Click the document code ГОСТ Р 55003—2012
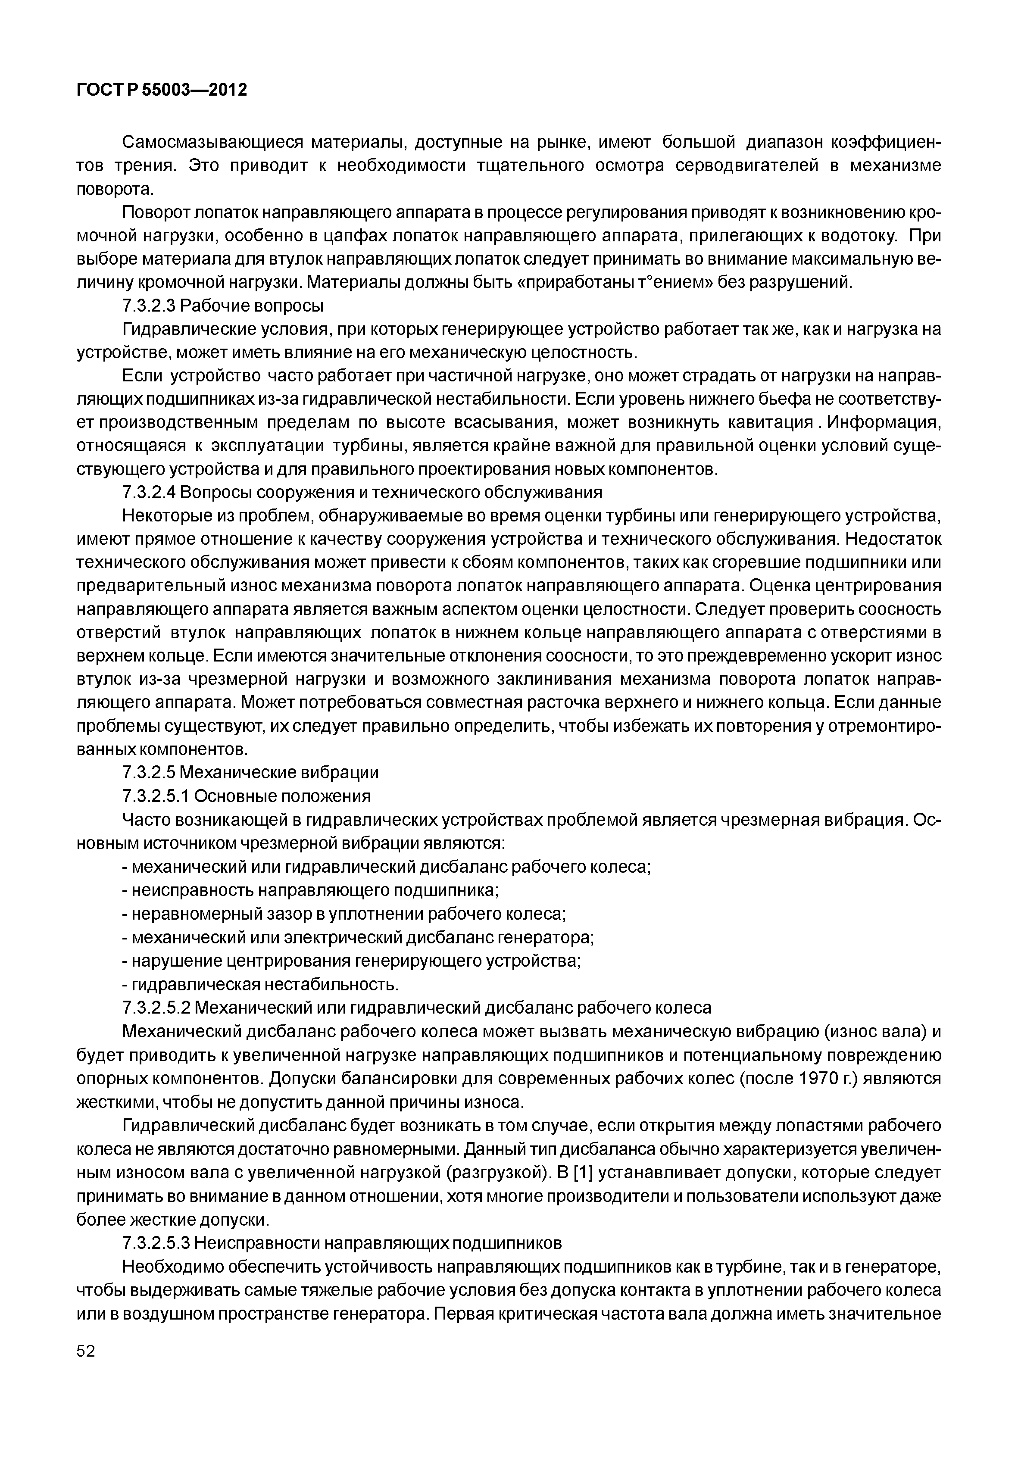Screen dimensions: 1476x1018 click(x=161, y=90)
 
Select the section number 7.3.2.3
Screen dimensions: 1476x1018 click(x=149, y=306)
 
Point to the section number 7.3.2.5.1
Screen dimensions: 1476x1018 click(x=156, y=796)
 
